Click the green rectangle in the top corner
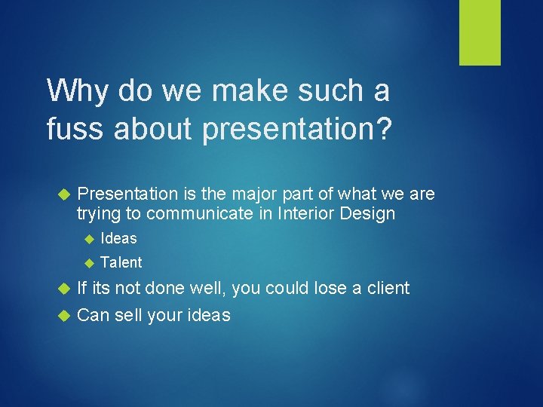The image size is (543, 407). pyautogui.click(x=480, y=32)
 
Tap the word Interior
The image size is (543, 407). pyautogui.click(x=305, y=213)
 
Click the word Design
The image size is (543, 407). pyautogui.click(x=367, y=214)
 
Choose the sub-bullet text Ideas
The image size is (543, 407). pyautogui.click(x=118, y=238)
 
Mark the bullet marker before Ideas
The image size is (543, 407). pyautogui.click(x=87, y=239)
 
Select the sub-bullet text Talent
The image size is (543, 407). pyautogui.click(x=121, y=262)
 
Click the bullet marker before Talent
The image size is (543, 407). pyautogui.click(x=87, y=263)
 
